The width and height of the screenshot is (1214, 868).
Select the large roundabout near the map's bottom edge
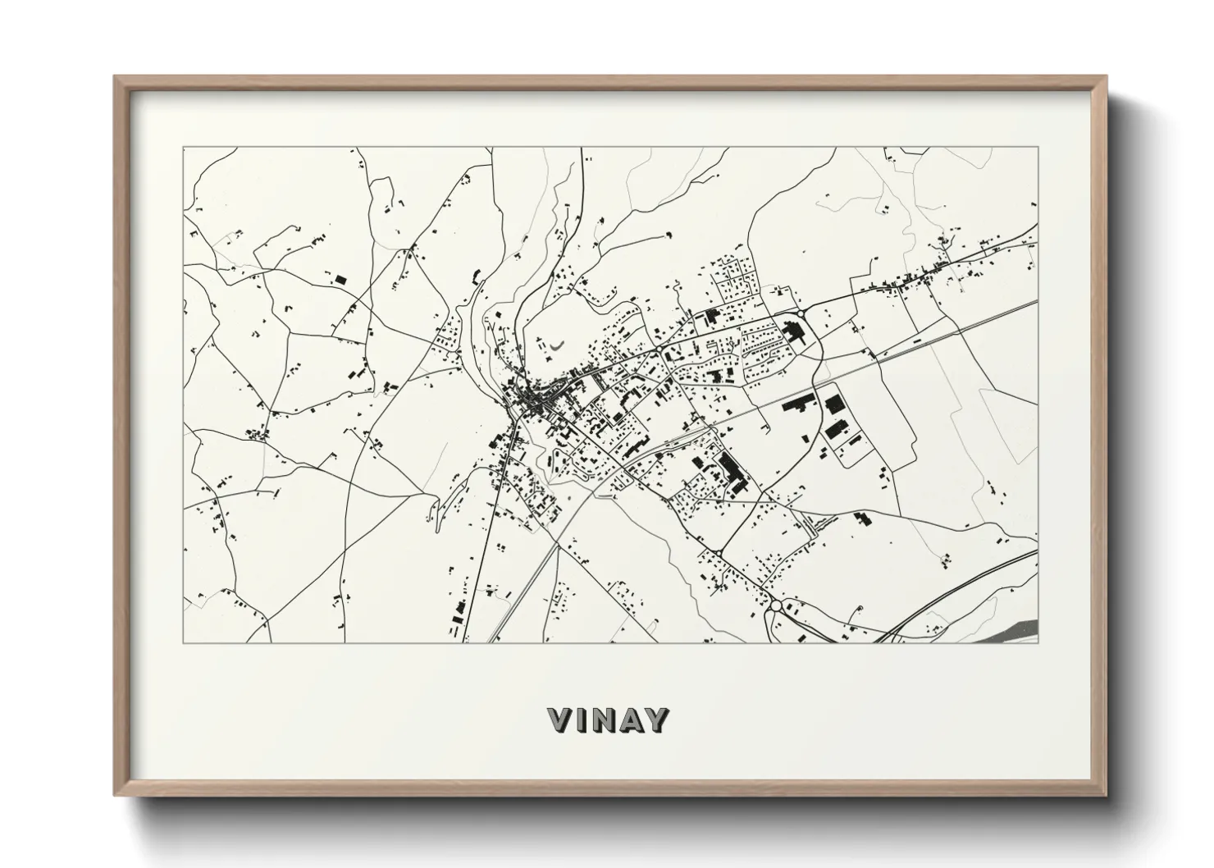776,605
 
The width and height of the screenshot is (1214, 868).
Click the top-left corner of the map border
183,148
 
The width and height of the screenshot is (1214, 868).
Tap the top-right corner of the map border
1038,148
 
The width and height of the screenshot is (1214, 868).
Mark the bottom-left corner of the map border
183,642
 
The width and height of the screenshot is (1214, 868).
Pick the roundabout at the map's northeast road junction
800,313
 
